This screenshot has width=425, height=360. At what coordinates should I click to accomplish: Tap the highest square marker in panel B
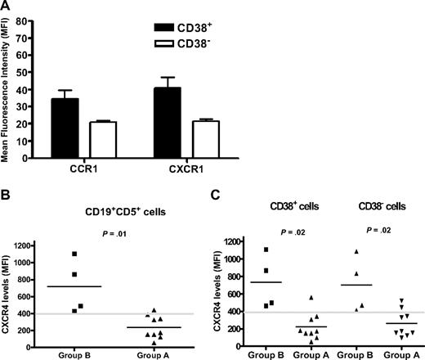(74, 254)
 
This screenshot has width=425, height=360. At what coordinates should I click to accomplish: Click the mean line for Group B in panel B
(74, 286)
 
